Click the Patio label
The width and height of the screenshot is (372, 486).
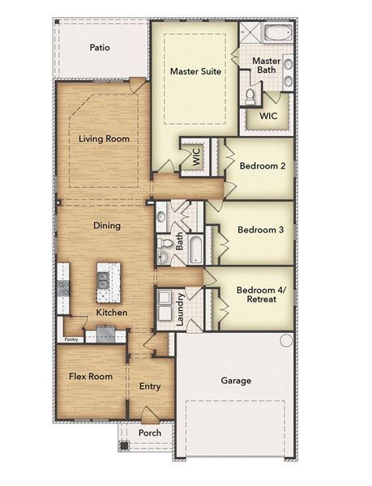tap(100, 48)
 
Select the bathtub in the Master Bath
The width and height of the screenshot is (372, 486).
tap(275, 35)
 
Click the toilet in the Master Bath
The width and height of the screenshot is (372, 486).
tap(250, 97)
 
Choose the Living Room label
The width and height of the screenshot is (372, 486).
tap(104, 139)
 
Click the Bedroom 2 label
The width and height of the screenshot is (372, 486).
tap(262, 166)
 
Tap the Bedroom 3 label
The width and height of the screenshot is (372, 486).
tap(260, 229)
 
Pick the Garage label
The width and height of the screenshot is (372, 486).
tap(236, 380)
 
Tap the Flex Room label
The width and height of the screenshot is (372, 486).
tap(90, 376)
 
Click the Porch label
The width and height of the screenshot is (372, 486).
tap(148, 433)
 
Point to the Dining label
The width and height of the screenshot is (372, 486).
tap(106, 226)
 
